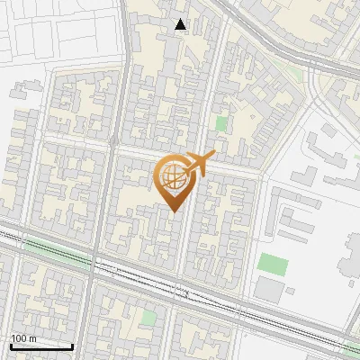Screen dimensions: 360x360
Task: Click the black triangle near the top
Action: [181, 25]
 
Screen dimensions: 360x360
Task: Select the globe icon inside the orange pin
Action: [174, 175]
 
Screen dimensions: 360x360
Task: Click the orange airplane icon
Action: [200, 164]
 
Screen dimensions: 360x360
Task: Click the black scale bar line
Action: [41, 346]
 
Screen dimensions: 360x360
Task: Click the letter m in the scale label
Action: [32, 338]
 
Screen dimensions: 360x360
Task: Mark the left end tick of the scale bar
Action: [11, 345]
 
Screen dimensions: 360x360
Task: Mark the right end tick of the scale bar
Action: [72, 345]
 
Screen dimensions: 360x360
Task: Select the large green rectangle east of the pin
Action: [273, 265]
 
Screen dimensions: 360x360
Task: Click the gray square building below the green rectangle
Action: [268, 289]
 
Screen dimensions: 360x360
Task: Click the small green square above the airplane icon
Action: [220, 123]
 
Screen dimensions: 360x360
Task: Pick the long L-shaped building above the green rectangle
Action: [297, 225]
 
